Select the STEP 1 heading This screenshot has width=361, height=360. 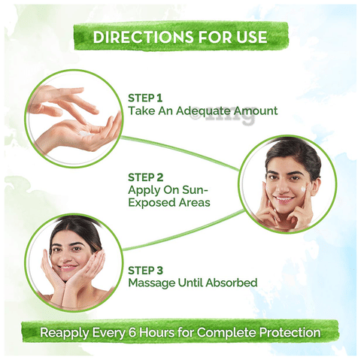pyautogui.click(x=145, y=98)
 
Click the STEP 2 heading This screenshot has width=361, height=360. pyautogui.click(x=146, y=177)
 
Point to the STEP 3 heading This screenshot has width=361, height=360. pyautogui.click(x=145, y=271)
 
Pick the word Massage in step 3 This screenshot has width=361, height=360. pyautogui.click(x=152, y=283)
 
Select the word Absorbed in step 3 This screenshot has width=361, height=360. pyautogui.click(x=232, y=283)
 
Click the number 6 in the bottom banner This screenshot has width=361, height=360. pyautogui.click(x=132, y=333)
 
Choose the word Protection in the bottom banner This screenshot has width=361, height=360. pyautogui.click(x=290, y=333)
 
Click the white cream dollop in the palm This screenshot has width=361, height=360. pyautogui.click(x=86, y=134)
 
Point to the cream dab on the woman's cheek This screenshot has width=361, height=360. pyautogui.click(x=304, y=189)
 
